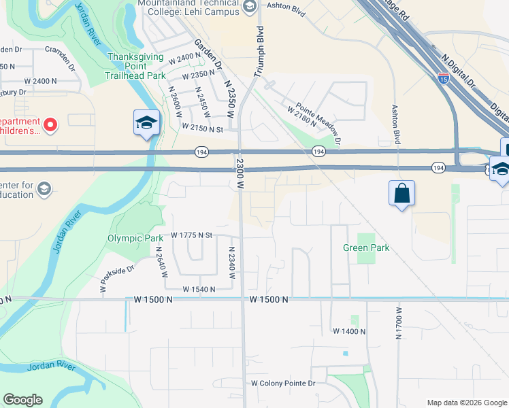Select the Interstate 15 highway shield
(444, 78)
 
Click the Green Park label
(366, 248)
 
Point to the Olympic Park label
(135, 239)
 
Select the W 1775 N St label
(192, 235)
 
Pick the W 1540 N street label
(193, 289)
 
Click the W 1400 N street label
(349, 331)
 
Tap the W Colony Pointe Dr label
(284, 384)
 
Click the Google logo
(22, 400)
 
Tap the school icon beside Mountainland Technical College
(249, 7)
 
